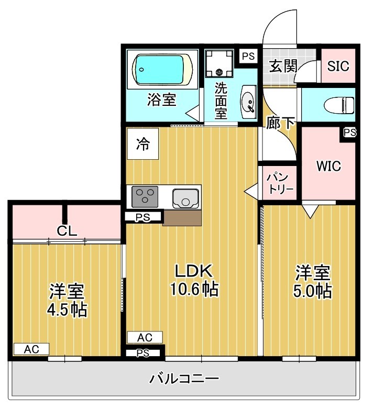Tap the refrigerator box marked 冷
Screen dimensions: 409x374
tap(142, 144)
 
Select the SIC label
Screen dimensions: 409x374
tap(338, 66)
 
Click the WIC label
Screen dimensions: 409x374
tap(328, 166)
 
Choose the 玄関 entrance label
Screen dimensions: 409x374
tap(283, 66)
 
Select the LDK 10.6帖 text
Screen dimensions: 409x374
tap(192, 280)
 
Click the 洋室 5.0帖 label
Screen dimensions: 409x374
tap(312, 281)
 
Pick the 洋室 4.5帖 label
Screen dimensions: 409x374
tap(67, 300)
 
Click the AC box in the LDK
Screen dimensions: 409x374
tap(145, 337)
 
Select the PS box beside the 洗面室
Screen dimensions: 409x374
tap(248, 56)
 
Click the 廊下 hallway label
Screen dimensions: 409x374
tap(280, 123)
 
